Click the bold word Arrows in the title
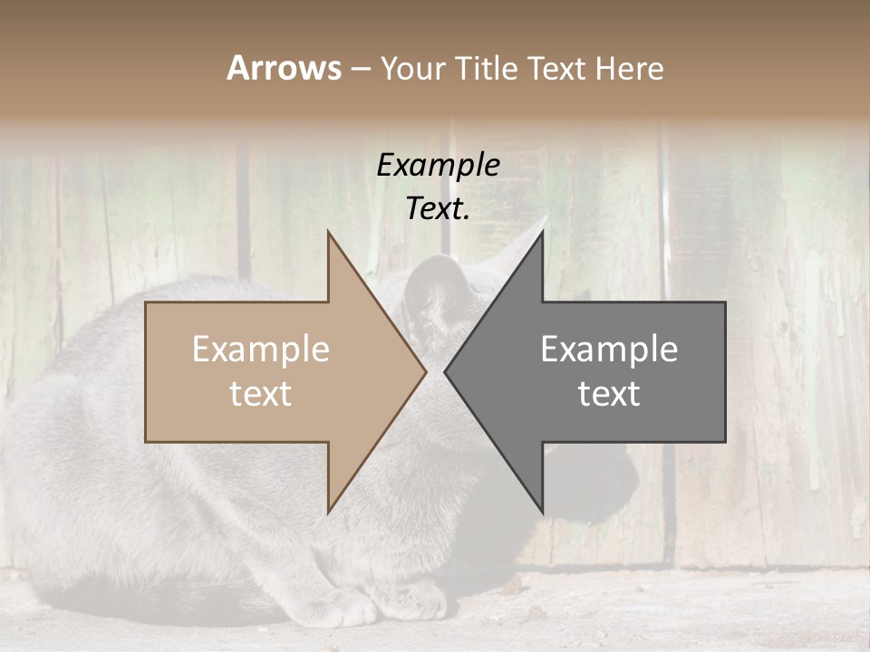pyautogui.click(x=284, y=68)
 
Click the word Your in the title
pyautogui.click(x=414, y=69)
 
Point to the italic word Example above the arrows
pyautogui.click(x=438, y=165)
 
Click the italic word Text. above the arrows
pyautogui.click(x=438, y=208)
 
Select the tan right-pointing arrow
pyautogui.click(x=272, y=372)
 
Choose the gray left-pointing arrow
pyautogui.click(x=616, y=372)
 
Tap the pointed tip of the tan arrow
pyautogui.click(x=424, y=372)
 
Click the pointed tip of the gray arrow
pyautogui.click(x=447, y=372)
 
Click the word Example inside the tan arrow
pyautogui.click(x=261, y=350)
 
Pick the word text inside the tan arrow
pyautogui.click(x=261, y=394)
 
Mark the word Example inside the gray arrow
pyautogui.click(x=609, y=350)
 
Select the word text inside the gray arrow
pyautogui.click(x=609, y=394)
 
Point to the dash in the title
pyautogui.click(x=361, y=69)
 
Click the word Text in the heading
pyautogui.click(x=558, y=68)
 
